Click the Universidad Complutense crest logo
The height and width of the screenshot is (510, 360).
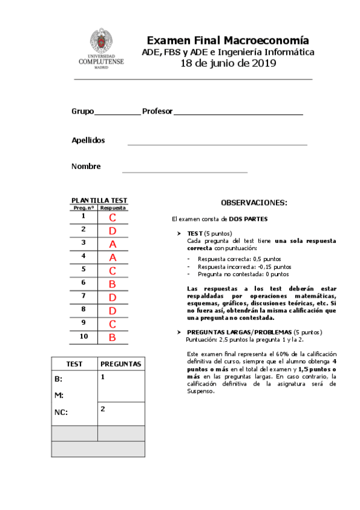[x=101, y=42]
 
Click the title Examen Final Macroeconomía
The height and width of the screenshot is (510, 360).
[x=228, y=40]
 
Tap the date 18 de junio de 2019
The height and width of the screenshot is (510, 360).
[x=228, y=64]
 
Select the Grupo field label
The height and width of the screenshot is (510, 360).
[x=82, y=111]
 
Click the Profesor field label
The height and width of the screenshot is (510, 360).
[x=157, y=111]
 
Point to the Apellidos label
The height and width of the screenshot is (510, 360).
[x=88, y=140]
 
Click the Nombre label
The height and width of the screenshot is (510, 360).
[x=86, y=167]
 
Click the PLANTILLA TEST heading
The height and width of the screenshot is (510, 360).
[x=99, y=200]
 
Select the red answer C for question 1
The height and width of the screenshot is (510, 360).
[x=112, y=217]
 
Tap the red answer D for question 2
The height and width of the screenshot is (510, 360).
[x=112, y=230]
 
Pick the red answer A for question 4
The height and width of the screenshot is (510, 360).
[x=112, y=257]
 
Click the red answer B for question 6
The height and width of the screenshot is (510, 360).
[x=112, y=283]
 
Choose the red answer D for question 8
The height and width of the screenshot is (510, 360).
[x=112, y=310]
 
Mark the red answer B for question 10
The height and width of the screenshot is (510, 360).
[x=112, y=337]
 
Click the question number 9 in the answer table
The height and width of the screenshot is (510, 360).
[x=84, y=323]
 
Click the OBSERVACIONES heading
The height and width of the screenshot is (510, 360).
[x=254, y=203]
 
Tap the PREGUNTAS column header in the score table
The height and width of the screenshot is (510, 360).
[x=121, y=364]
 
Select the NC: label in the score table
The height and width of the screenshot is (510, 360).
[x=61, y=413]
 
